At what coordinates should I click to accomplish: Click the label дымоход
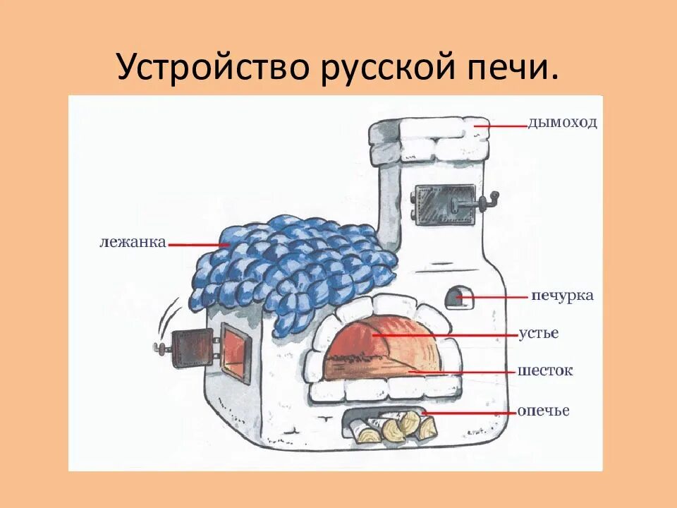[562, 123]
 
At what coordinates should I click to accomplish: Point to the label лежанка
[133, 243]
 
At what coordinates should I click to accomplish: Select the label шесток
[544, 370]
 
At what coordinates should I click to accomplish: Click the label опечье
[543, 411]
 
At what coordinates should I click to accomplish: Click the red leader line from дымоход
[502, 125]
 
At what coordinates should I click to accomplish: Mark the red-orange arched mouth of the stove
[381, 346]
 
